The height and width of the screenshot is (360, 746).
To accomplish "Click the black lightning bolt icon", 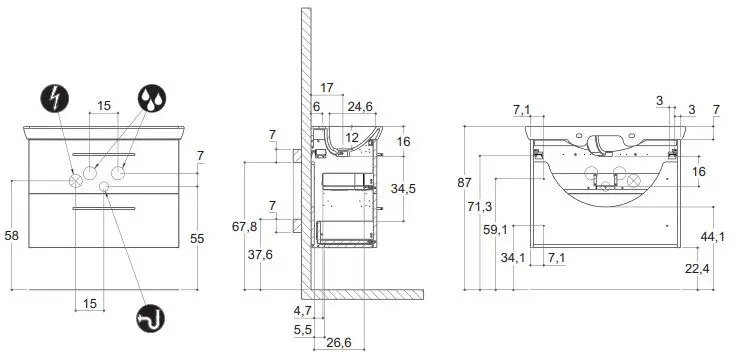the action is pyautogui.click(x=55, y=98).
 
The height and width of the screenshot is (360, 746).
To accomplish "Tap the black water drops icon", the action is pyautogui.click(x=152, y=98).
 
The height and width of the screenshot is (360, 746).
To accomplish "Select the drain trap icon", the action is pyautogui.click(x=151, y=318).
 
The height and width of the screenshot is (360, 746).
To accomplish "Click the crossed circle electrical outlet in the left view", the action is pyautogui.click(x=76, y=181).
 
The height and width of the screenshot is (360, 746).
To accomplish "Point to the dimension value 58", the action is pyautogui.click(x=11, y=235).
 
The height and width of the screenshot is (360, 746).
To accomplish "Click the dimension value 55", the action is pyautogui.click(x=197, y=238).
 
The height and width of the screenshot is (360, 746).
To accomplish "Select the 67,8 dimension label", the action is pyautogui.click(x=245, y=227).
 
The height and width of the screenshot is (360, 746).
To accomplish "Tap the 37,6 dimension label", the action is pyautogui.click(x=260, y=254).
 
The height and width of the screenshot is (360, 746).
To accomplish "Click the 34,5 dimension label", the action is pyautogui.click(x=403, y=189).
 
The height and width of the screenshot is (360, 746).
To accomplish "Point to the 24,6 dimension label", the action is pyautogui.click(x=360, y=107).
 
